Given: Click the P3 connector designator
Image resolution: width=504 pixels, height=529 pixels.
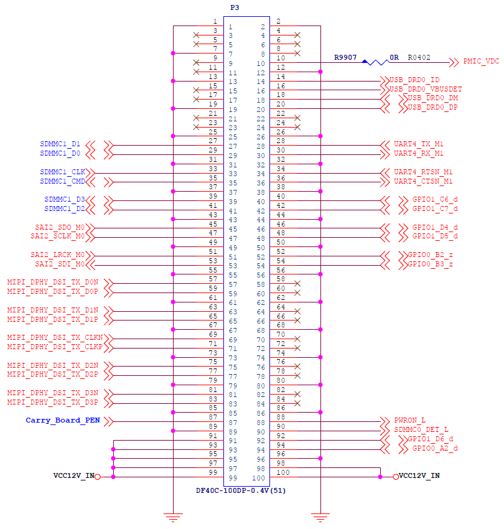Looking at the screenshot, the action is (x=235, y=7).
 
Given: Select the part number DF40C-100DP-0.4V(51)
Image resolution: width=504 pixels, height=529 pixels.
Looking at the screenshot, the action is (x=241, y=490).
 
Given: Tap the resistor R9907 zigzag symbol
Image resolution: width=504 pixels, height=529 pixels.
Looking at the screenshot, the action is (x=375, y=62).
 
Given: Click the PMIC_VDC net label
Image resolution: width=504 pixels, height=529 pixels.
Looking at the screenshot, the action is (x=481, y=62).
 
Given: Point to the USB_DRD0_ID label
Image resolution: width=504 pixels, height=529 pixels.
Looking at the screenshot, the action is (x=414, y=80).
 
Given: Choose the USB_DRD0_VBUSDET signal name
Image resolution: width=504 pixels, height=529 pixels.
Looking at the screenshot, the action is (x=426, y=90).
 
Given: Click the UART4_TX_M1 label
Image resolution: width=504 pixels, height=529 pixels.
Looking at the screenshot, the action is (x=419, y=144).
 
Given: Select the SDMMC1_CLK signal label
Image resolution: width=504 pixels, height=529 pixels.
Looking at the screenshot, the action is (x=63, y=172).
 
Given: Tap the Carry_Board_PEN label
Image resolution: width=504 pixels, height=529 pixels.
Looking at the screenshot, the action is (x=63, y=420).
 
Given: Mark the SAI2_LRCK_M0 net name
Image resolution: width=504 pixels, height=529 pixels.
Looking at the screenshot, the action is (x=58, y=255).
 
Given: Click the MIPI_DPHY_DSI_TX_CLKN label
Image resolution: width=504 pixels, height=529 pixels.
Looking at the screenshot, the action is (x=55, y=338).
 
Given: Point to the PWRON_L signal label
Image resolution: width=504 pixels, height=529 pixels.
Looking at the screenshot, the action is (x=410, y=420).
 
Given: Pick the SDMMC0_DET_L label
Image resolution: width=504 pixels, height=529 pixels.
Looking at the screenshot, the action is (x=421, y=430).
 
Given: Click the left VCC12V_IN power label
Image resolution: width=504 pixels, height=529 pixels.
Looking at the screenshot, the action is (x=74, y=475).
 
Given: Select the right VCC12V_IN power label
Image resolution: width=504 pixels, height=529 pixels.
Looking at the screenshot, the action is (x=419, y=475).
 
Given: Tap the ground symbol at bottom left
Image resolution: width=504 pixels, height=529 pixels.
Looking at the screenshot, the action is (x=173, y=518).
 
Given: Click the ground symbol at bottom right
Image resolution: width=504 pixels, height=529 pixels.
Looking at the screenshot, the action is (x=320, y=518).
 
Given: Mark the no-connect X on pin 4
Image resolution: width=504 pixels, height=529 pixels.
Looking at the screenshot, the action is (x=297, y=35).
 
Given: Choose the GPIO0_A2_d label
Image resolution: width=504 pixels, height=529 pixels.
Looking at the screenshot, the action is (x=435, y=448).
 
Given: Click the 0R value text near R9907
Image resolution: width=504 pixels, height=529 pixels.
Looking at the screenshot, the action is (x=394, y=57).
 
